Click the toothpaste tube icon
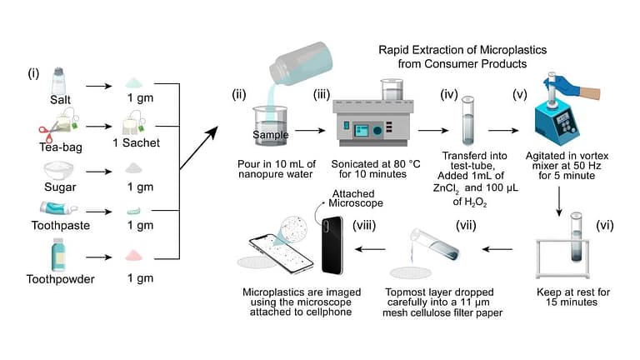57,208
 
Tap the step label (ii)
241,95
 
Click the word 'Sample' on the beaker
267,133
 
